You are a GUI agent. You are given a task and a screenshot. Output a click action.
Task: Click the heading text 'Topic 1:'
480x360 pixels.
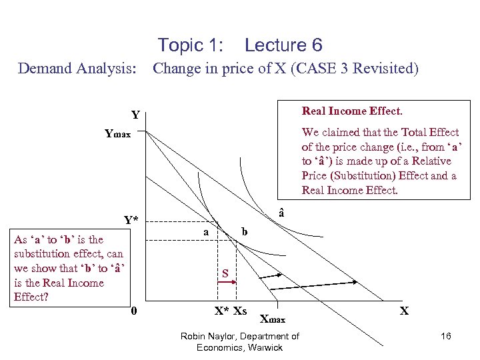190,45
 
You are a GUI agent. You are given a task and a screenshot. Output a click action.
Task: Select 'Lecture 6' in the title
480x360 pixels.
283,45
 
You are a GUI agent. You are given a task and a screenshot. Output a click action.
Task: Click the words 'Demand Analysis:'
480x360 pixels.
77,69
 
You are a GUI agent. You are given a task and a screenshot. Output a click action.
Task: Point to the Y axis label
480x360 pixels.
135,115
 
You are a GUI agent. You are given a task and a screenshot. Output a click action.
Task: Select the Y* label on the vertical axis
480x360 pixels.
131,220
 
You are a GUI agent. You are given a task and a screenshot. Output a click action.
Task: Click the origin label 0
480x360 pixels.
134,310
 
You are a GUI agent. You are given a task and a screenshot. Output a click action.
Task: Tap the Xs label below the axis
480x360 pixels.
240,311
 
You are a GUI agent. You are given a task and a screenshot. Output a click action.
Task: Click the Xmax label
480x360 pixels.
272,319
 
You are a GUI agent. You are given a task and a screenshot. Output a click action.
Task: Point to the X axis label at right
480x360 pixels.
404,311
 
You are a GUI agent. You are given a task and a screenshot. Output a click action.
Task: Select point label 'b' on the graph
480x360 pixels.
245,231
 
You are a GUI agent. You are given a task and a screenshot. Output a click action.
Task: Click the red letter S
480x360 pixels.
225,273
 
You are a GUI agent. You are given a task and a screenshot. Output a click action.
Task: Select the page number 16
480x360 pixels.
445,336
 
